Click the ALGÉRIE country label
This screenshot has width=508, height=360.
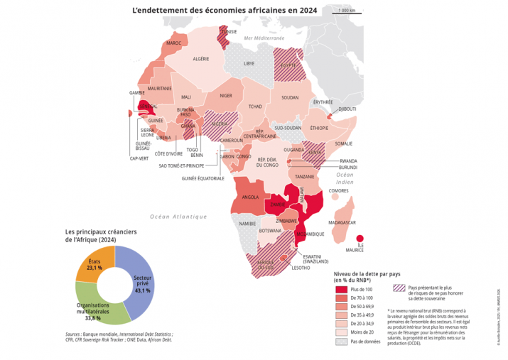click(201, 58)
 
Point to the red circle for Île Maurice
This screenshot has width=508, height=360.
click(360, 239)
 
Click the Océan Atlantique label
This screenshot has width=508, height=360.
click(178, 216)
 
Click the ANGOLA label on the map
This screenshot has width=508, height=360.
click(250, 197)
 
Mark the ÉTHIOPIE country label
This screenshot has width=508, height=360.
click(319, 128)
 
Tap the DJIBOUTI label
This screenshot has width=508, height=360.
click(347, 109)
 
